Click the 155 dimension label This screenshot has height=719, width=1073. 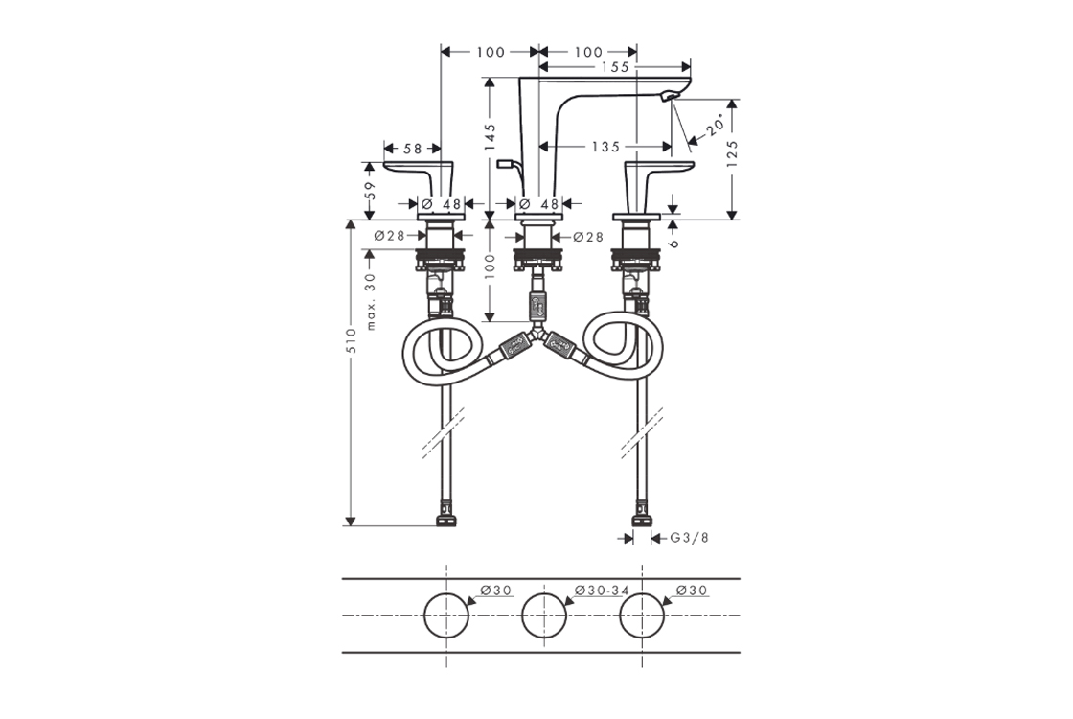(x=615, y=67)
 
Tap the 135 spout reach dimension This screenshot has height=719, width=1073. (x=605, y=147)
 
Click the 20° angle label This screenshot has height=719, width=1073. (x=716, y=126)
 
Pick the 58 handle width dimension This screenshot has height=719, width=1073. (x=413, y=148)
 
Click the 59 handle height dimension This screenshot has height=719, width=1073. (x=370, y=190)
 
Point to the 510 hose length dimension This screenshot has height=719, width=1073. (x=351, y=340)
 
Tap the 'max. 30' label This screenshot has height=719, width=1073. (x=371, y=301)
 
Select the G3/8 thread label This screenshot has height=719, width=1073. (x=689, y=538)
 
